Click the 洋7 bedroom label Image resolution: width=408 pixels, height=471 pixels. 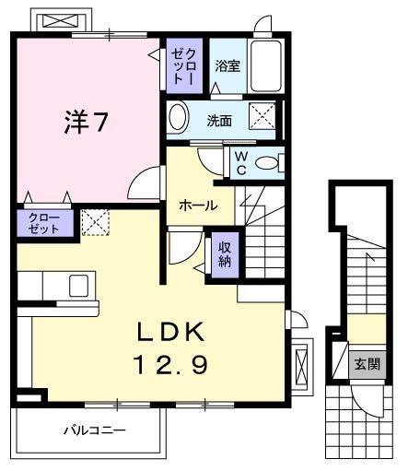(x=87, y=122)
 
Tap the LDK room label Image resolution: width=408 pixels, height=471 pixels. (x=170, y=332)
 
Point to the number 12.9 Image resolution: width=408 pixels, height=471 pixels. (x=170, y=364)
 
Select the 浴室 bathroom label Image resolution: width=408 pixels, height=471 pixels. (x=227, y=65)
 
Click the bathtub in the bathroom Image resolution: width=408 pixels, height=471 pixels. (x=266, y=65)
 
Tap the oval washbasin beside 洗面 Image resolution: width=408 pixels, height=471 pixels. (x=178, y=119)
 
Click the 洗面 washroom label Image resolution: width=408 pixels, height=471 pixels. (x=219, y=121)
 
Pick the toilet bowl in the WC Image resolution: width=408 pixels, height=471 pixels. (x=266, y=162)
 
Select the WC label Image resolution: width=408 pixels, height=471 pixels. (x=241, y=163)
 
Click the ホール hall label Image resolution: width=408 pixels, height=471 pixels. (x=198, y=206)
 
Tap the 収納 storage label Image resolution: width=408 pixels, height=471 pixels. (x=225, y=254)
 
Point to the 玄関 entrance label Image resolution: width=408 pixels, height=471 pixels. (x=367, y=364)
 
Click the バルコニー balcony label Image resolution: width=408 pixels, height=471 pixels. (x=95, y=430)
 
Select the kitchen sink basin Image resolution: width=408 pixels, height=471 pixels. (x=79, y=286)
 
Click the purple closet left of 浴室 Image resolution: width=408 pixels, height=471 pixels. (x=184, y=65)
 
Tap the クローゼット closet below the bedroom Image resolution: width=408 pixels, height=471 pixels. (x=45, y=223)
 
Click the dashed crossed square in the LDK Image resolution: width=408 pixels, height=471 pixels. (x=96, y=222)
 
